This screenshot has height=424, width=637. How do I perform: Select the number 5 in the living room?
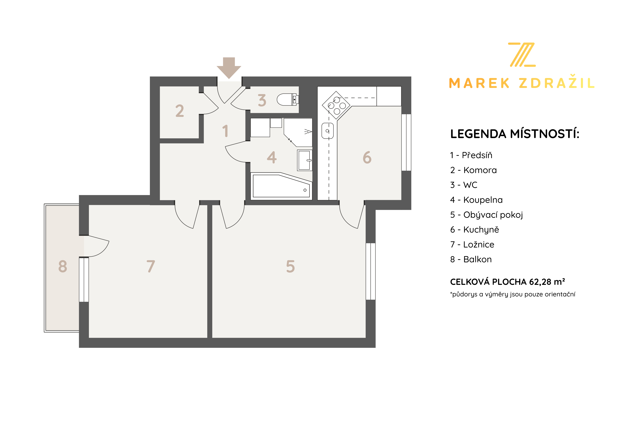coord(290,266)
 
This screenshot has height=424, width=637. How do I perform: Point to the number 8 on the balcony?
coord(63,266)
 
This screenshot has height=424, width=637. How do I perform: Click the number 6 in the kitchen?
coord(367,157)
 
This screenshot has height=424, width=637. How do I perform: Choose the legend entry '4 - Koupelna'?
coord(476,200)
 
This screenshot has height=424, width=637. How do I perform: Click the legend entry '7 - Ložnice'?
coord(472,244)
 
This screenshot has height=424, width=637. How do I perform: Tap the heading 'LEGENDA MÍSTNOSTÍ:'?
coord(515,134)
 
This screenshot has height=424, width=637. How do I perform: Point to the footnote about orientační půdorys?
coord(513,294)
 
